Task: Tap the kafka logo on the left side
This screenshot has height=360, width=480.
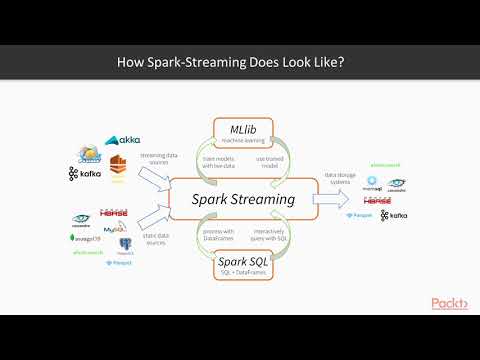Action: tap(87, 173)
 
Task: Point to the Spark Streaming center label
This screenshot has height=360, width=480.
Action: tap(244, 199)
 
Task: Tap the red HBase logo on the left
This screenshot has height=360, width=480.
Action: tap(113, 213)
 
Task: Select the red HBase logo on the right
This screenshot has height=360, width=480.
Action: tap(377, 199)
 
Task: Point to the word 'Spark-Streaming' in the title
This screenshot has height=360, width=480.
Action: tap(203, 62)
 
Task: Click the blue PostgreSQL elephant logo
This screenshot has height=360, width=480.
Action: tap(126, 243)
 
